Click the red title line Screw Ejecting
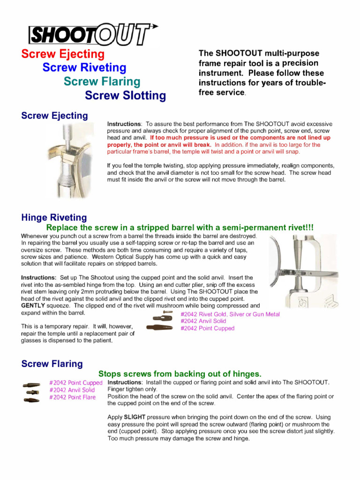point(63,54)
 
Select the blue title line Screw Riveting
point(84,67)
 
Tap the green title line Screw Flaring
point(102,82)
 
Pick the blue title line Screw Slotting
point(125,96)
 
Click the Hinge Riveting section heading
point(54,217)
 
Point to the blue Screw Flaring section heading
point(52,364)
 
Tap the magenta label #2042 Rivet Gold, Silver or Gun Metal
point(230,314)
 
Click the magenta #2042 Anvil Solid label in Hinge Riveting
point(203,321)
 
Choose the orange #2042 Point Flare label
point(72,397)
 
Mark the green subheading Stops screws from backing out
point(180,374)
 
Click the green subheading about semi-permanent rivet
point(180,227)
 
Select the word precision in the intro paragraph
point(298,63)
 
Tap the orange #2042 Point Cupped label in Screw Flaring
point(75,383)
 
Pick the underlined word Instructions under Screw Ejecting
point(124,124)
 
